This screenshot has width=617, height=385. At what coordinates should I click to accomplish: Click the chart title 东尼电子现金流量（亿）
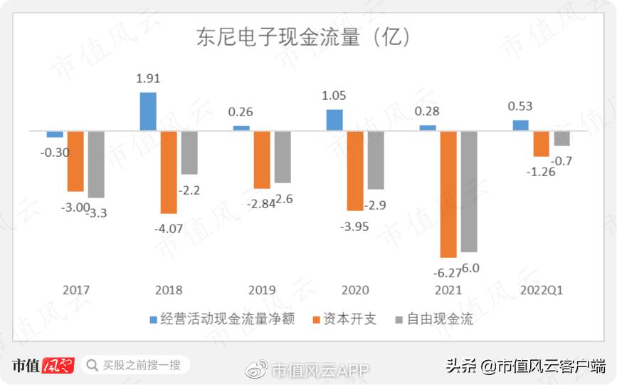pyautogui.click(x=304, y=37)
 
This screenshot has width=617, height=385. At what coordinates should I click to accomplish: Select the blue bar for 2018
pyautogui.click(x=147, y=111)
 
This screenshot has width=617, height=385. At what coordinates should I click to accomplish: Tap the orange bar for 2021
pyautogui.click(x=448, y=194)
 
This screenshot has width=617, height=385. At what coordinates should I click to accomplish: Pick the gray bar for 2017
pyautogui.click(x=96, y=164)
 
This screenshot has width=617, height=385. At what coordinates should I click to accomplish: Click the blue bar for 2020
pyautogui.click(x=334, y=120)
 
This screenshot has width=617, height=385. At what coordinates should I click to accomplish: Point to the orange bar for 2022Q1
pyautogui.click(x=541, y=143)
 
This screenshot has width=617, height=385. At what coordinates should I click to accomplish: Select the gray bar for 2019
pyautogui.click(x=283, y=157)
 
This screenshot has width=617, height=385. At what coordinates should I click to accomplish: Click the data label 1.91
pyautogui.click(x=147, y=79)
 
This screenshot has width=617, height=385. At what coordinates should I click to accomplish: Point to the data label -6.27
pyautogui.click(x=445, y=272)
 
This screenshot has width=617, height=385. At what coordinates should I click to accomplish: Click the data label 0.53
pyautogui.click(x=520, y=106)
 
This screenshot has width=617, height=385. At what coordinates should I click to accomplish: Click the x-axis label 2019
pyautogui.click(x=262, y=290)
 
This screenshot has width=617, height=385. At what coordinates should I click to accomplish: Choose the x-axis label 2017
pyautogui.click(x=76, y=290)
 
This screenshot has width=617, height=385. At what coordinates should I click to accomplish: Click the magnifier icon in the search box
pyautogui.click(x=92, y=366)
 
